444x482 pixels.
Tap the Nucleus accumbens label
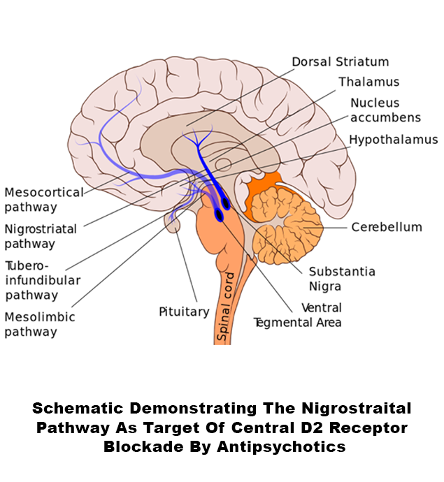tap(385, 110)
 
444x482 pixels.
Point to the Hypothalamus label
tap(393, 140)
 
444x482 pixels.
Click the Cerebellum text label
tap(387, 227)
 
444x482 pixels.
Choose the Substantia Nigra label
tap(342, 278)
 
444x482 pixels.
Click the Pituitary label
tap(184, 312)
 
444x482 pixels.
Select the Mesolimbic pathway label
tap(40, 324)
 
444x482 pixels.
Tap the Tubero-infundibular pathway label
tap(43, 281)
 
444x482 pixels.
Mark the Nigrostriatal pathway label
tap(41, 236)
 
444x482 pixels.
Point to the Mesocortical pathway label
tap(44, 199)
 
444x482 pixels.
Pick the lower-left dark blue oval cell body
tap(220, 216)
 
